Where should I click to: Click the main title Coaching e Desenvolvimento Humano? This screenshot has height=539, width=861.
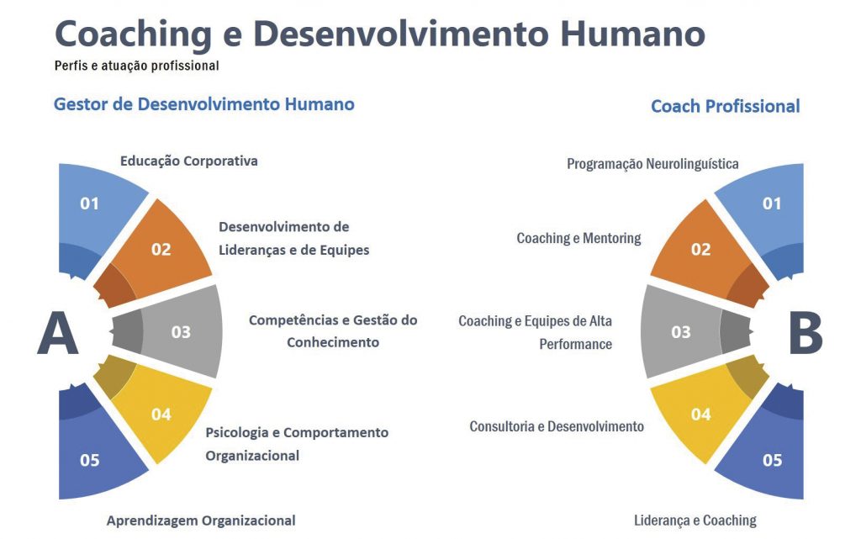[x=380, y=34]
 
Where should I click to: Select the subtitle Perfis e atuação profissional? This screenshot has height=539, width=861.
[x=137, y=66]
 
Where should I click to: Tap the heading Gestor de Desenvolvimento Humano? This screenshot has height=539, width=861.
[x=203, y=104]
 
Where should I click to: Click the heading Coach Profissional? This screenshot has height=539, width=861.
[x=726, y=106]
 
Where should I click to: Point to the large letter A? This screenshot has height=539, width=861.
[x=58, y=333]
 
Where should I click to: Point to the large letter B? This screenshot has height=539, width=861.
[x=806, y=333]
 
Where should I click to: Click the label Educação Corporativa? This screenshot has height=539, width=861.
[x=189, y=161]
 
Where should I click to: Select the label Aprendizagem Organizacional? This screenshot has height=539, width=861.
[x=201, y=521]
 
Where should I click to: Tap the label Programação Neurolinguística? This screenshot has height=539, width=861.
[x=652, y=164]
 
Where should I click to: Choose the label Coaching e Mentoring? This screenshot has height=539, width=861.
[x=578, y=238]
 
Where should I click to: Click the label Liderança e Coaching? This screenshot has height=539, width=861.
[x=695, y=521]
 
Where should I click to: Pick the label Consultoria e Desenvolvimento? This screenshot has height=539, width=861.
[x=557, y=426]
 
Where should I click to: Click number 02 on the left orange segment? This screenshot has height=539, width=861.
[x=161, y=250]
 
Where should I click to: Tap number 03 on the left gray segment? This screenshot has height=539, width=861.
[x=181, y=332]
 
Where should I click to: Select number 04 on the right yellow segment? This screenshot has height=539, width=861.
[x=701, y=415]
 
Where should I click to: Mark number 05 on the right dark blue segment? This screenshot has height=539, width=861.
[x=772, y=460]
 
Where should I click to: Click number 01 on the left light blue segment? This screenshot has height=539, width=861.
[x=89, y=203]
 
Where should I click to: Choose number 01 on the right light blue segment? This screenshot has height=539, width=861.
[x=772, y=203]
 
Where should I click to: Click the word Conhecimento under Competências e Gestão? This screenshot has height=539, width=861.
[x=333, y=342]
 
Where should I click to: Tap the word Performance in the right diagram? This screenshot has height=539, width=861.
[x=575, y=344]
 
